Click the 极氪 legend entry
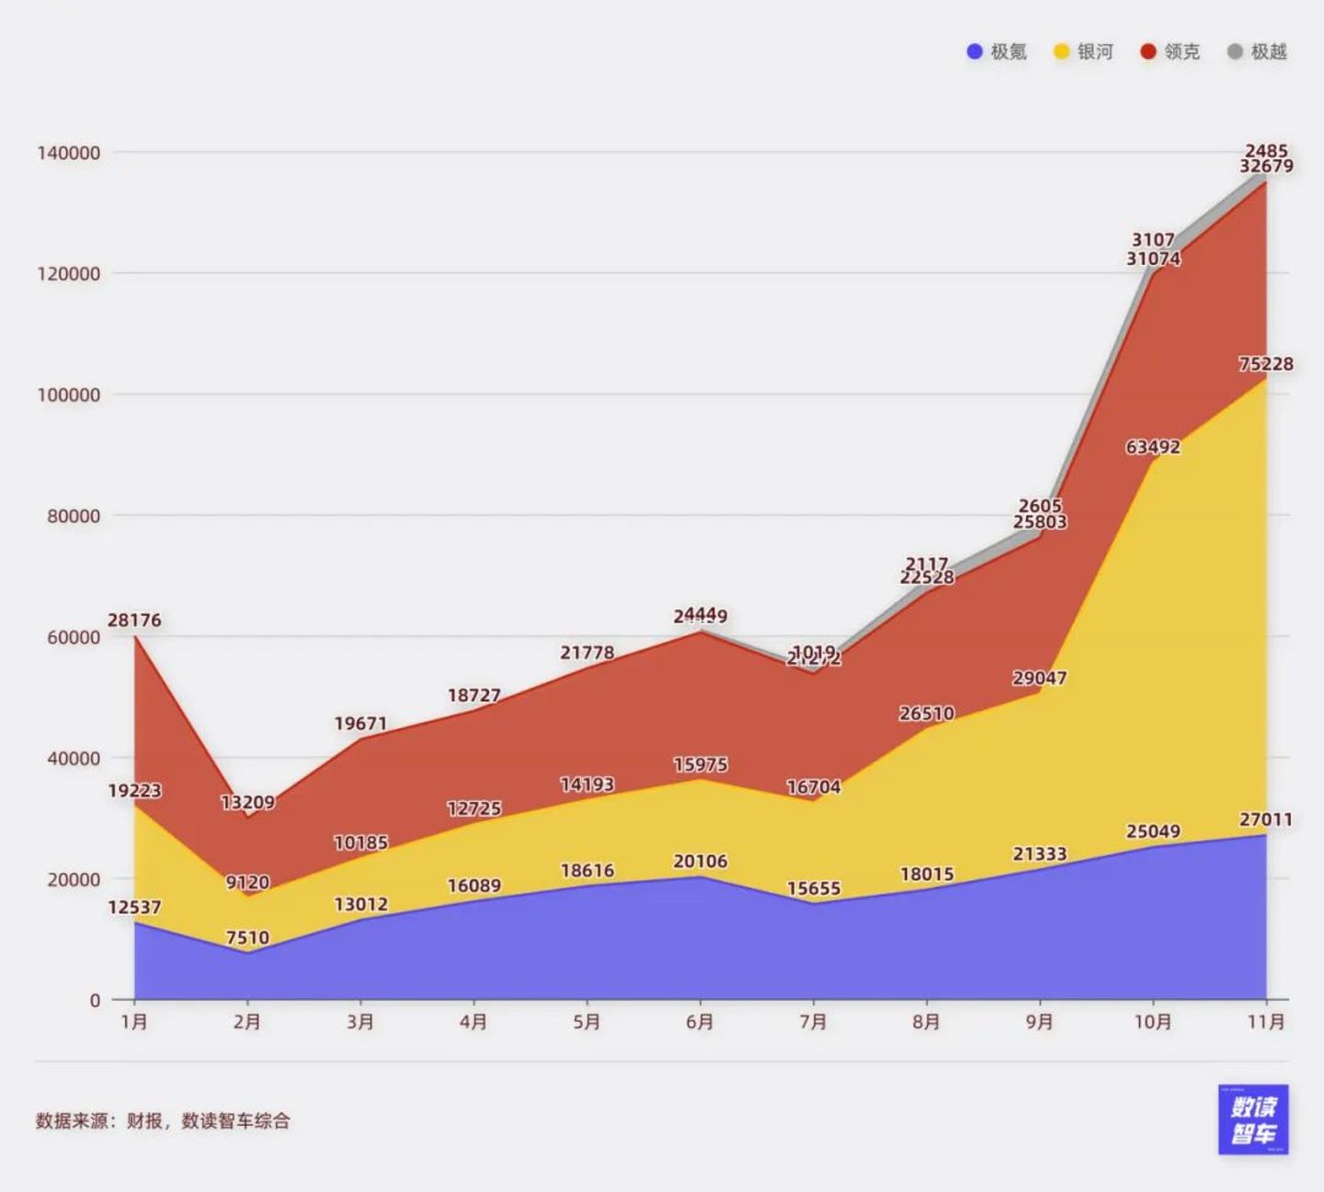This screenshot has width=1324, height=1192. point(997,52)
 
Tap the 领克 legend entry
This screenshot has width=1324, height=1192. point(1170,52)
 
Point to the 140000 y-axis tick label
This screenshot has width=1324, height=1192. point(69,153)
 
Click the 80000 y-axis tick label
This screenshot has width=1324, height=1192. point(74,516)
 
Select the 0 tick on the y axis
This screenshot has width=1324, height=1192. point(95,1001)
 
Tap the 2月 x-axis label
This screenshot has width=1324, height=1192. point(247,1022)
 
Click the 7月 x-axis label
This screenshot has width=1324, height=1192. point(813,1022)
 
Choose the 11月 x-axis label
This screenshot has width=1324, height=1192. point(1266,1022)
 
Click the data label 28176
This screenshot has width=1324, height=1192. point(134,620)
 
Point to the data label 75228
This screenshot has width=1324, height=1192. point(1266,364)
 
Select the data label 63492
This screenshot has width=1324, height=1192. point(1153,447)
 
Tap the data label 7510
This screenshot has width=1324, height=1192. point(247,938)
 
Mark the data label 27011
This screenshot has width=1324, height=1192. point(1266,819)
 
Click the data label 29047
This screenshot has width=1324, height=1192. point(1040,678)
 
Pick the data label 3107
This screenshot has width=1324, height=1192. point(1153,240)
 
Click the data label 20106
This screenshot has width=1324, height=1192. point(701,861)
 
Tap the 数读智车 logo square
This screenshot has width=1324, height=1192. point(1253,1119)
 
